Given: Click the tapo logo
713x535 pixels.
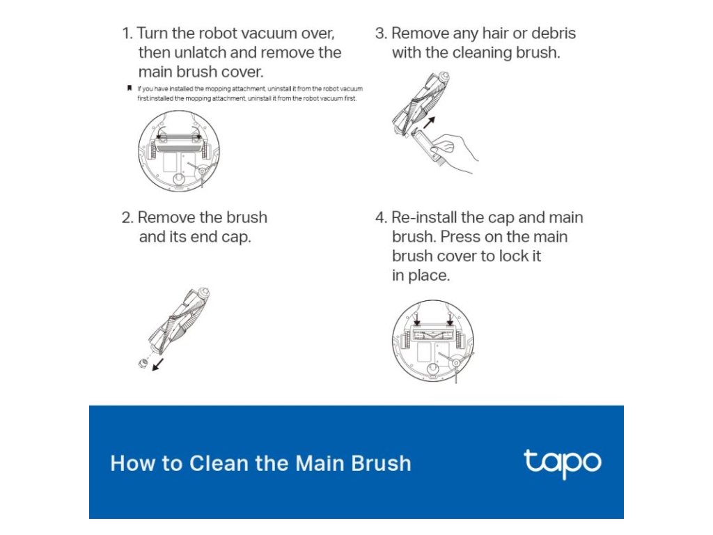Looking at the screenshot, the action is point(563,463).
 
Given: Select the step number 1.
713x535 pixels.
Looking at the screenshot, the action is point(127,33).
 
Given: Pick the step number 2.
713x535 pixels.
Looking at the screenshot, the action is point(127,217).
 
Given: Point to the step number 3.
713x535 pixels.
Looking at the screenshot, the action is point(381,33).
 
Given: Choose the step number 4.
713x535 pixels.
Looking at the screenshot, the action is point(381,217).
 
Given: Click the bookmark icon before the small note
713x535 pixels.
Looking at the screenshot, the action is point(129,88).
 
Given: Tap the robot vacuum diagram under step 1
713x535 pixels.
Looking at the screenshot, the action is point(179,150).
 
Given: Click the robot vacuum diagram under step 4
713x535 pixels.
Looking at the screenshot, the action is point(433,340).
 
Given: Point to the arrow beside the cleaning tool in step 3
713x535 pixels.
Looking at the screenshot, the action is point(429,123).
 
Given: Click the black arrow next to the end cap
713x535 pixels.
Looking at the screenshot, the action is point(158,364).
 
